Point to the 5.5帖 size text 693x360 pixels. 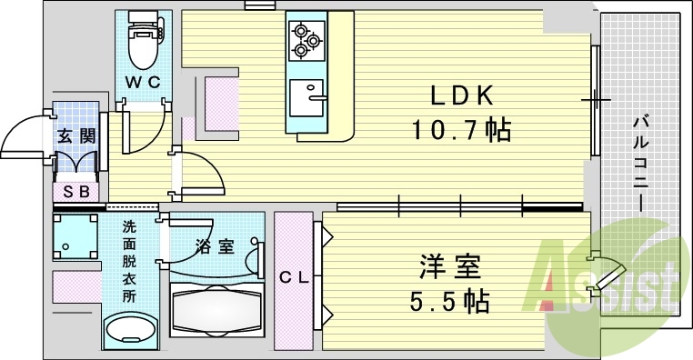point(449,299)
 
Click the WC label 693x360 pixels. point(142,82)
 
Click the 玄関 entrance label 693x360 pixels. point(75,137)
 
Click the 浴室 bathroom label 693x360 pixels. point(215,245)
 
